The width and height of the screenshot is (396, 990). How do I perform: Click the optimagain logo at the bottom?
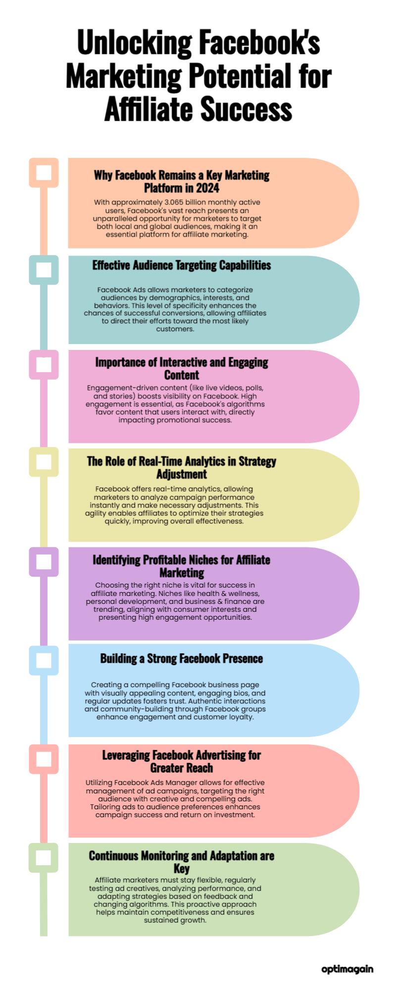347,969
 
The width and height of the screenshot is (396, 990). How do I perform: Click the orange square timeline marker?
44,173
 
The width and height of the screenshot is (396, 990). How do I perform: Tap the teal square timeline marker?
44,270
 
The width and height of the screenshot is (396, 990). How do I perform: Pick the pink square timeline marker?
44,365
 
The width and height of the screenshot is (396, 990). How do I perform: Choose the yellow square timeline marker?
44,462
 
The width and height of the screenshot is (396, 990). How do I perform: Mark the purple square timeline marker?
44,562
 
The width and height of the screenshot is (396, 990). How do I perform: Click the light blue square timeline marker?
44,660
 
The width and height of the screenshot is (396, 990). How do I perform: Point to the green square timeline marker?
44,857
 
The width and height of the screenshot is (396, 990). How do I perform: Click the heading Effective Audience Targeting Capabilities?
182,265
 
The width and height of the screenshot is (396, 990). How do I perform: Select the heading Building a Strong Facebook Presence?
182,658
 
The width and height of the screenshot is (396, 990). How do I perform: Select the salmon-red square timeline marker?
44,759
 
